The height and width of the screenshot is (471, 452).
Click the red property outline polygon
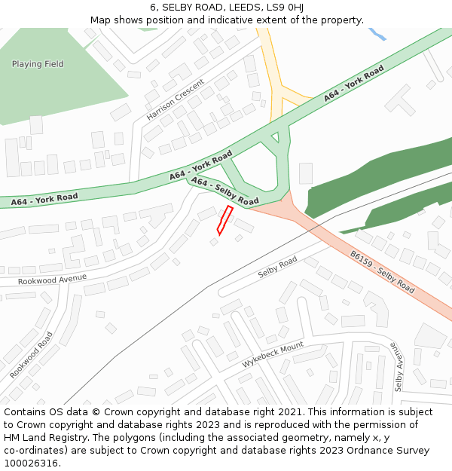pyautogui.click(x=224, y=219)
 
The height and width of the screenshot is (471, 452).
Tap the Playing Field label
pyautogui.click(x=38, y=64)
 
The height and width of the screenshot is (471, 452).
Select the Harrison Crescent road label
pyautogui.click(x=176, y=99)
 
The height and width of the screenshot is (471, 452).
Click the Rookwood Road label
pyautogui.click(x=32, y=355)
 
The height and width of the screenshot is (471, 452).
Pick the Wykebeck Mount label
pyautogui.click(x=272, y=355)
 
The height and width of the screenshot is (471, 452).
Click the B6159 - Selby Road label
pyautogui.click(x=382, y=272)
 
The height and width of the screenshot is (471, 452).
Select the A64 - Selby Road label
pyautogui.click(x=224, y=191)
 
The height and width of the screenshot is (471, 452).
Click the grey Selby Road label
pyautogui.click(x=277, y=268)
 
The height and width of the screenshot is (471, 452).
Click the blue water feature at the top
pyautogui.click(x=376, y=34)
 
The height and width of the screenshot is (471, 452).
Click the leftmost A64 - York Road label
pyautogui.click(x=44, y=200)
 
